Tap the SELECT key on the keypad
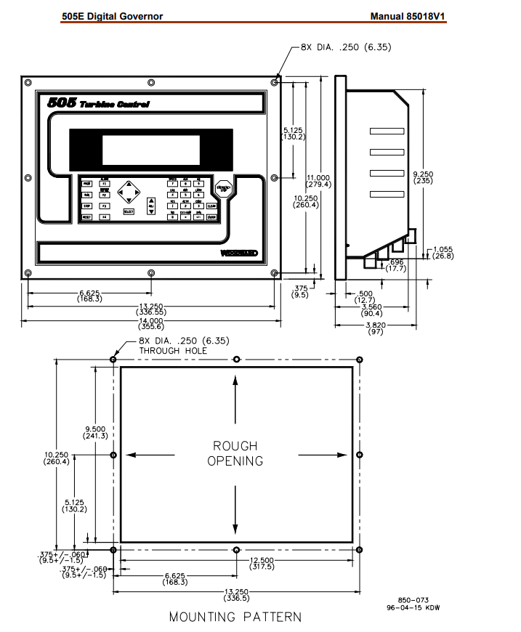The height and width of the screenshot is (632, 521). [x=128, y=211]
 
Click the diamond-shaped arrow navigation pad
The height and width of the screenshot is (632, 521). [x=128, y=191]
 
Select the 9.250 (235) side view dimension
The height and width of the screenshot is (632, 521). [x=423, y=177]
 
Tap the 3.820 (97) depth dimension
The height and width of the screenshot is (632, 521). [x=375, y=328]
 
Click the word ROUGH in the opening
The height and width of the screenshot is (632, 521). [x=235, y=445]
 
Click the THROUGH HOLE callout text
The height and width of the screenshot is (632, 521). [x=173, y=350]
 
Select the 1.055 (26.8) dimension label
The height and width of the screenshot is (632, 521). [x=443, y=252]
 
